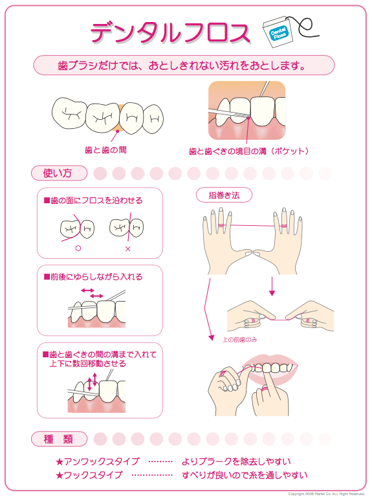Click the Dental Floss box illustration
(x=276, y=31)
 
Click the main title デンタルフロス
(x=170, y=32)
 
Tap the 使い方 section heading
(x=59, y=173)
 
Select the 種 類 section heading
(x=59, y=439)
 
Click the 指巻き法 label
(x=224, y=195)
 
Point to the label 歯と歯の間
(x=105, y=150)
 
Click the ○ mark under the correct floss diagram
(x=78, y=249)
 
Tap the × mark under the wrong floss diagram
(x=128, y=249)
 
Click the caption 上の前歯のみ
(x=239, y=340)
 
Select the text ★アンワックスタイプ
(x=98, y=461)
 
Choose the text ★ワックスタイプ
(x=89, y=475)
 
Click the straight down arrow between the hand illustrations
(x=272, y=287)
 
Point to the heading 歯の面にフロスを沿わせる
(x=93, y=201)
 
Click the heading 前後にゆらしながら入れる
(x=93, y=277)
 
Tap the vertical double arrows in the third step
(x=92, y=382)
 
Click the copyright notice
(x=326, y=494)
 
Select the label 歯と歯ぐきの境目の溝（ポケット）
(x=249, y=151)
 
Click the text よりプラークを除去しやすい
(x=236, y=461)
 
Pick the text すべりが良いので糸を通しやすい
(x=245, y=475)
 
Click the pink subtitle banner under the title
(x=184, y=65)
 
